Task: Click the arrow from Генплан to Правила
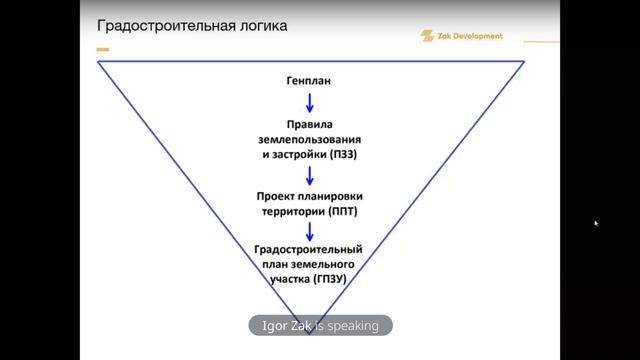click(x=310, y=102)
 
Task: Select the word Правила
click(x=310, y=124)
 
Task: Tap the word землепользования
click(x=310, y=141)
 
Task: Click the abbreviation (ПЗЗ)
click(x=343, y=157)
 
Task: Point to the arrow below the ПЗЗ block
click(x=310, y=176)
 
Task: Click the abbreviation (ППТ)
click(x=343, y=212)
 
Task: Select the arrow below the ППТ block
click(x=310, y=232)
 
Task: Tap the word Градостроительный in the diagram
click(x=310, y=249)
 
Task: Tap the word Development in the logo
click(x=477, y=36)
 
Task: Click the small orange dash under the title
click(x=102, y=48)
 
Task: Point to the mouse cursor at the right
click(x=596, y=223)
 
